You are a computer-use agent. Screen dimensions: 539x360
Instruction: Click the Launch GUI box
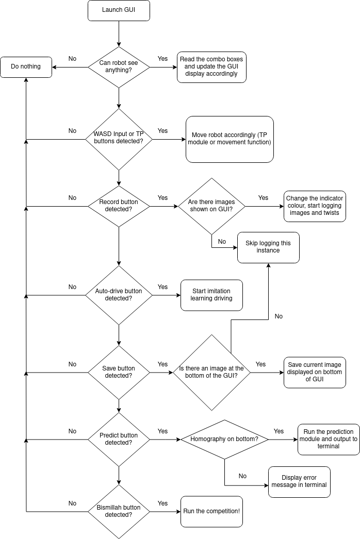119,10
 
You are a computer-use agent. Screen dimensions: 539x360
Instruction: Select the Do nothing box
26,67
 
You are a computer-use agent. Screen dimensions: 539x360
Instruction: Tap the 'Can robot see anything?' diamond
119,67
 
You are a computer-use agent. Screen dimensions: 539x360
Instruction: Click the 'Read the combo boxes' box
211,67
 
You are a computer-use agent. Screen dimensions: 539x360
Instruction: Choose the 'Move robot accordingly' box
229,139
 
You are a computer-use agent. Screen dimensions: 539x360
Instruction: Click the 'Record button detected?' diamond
119,206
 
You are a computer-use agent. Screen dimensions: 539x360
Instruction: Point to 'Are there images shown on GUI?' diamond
211,206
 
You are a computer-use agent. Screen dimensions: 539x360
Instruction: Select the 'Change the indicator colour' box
315,206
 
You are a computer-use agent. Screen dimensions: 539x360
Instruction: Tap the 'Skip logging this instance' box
268,247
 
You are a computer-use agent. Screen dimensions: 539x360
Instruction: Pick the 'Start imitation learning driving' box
211,295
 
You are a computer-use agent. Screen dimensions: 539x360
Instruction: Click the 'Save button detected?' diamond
119,372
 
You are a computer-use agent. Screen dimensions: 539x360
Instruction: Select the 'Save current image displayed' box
315,372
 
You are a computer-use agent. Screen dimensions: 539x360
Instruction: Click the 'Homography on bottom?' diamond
225,440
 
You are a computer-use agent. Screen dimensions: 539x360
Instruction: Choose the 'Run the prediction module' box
329,440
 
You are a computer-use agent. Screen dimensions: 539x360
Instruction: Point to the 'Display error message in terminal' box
299,482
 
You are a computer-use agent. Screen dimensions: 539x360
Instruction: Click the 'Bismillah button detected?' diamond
119,511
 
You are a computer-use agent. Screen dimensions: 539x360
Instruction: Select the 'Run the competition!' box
211,511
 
